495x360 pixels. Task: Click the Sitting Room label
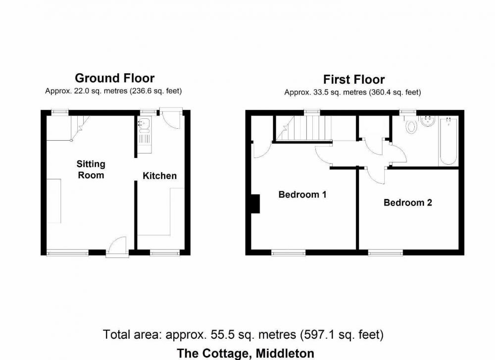(91, 169)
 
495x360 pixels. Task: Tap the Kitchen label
(160, 176)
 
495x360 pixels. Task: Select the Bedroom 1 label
(302, 194)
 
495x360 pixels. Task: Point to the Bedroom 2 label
(407, 203)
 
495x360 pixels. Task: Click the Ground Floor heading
(115, 78)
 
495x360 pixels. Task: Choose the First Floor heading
(354, 79)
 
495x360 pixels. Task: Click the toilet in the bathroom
(411, 125)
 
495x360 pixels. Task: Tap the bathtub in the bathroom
(448, 142)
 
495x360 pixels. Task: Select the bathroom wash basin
(428, 121)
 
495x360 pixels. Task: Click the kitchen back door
(171, 118)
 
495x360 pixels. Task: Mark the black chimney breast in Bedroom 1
(255, 204)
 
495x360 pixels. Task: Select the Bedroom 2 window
(386, 253)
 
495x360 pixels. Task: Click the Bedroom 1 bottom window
(289, 253)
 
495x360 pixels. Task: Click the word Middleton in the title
(285, 353)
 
